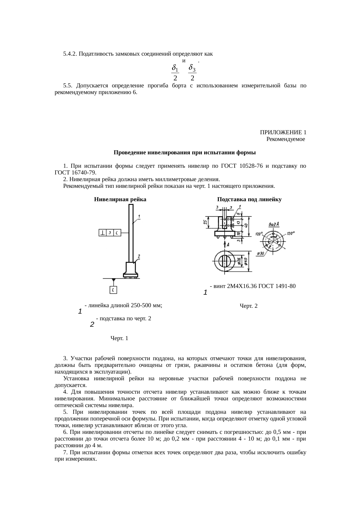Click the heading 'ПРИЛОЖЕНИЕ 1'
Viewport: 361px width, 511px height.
point(283,132)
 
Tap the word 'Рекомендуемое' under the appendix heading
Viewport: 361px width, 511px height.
point(285,139)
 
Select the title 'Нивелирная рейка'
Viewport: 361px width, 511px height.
point(120,199)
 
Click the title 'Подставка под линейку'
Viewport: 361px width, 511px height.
point(249,199)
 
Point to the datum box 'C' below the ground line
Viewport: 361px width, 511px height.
point(114,290)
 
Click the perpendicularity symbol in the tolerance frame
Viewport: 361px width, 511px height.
point(103,233)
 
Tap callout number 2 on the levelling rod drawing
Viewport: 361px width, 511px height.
point(139,256)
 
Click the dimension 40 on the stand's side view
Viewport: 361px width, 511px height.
point(246,225)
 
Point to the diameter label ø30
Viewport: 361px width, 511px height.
point(260,254)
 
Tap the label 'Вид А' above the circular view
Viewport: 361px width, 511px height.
point(274,224)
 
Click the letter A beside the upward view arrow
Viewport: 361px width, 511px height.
point(228,245)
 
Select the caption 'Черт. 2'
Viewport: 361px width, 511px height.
point(248,306)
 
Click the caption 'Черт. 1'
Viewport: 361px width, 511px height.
point(119,338)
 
